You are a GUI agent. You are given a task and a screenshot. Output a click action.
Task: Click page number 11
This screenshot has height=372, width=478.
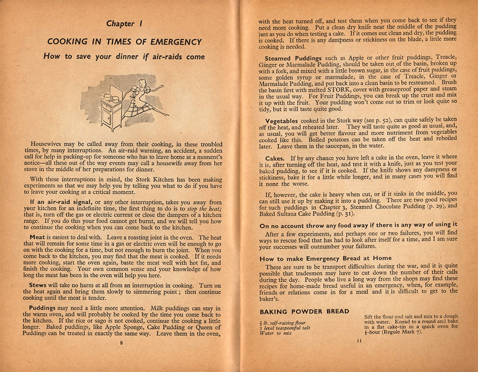pos(358,340)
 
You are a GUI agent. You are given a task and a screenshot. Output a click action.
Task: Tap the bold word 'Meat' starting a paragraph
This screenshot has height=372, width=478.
pos(37,237)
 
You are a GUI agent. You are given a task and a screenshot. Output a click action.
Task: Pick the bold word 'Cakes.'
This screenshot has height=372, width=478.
pos(276,158)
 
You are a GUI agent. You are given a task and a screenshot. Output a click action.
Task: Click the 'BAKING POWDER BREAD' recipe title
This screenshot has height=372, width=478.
pos(304,311)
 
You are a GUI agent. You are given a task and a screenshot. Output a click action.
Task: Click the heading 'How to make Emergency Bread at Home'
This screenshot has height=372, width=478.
pos(326,258)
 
